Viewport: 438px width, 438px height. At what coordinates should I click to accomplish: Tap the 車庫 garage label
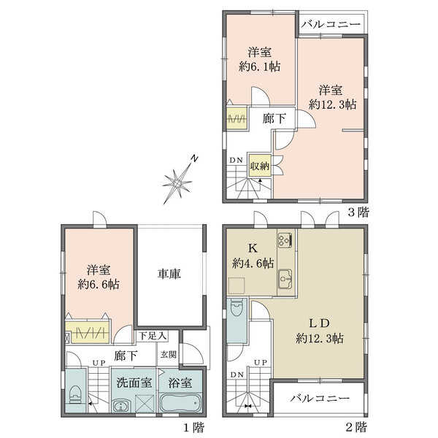point(169,274)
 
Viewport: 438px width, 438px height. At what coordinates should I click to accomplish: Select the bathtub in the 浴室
point(179,403)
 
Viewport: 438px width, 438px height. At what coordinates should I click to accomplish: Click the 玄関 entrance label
point(169,354)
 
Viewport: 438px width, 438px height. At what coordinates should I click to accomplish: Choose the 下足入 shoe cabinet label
point(153,336)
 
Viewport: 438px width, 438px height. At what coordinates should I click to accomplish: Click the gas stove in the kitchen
point(285,239)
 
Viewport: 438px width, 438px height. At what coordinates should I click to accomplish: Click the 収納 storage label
point(260,166)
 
